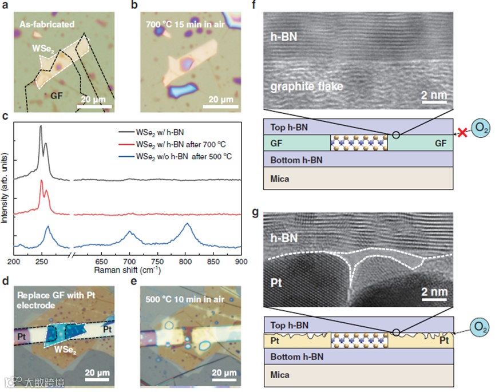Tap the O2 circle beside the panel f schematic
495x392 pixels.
coord(479,126)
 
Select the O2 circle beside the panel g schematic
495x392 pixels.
coord(479,326)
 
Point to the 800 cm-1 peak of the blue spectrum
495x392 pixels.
coord(187,224)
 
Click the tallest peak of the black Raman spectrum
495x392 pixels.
coord(41,126)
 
